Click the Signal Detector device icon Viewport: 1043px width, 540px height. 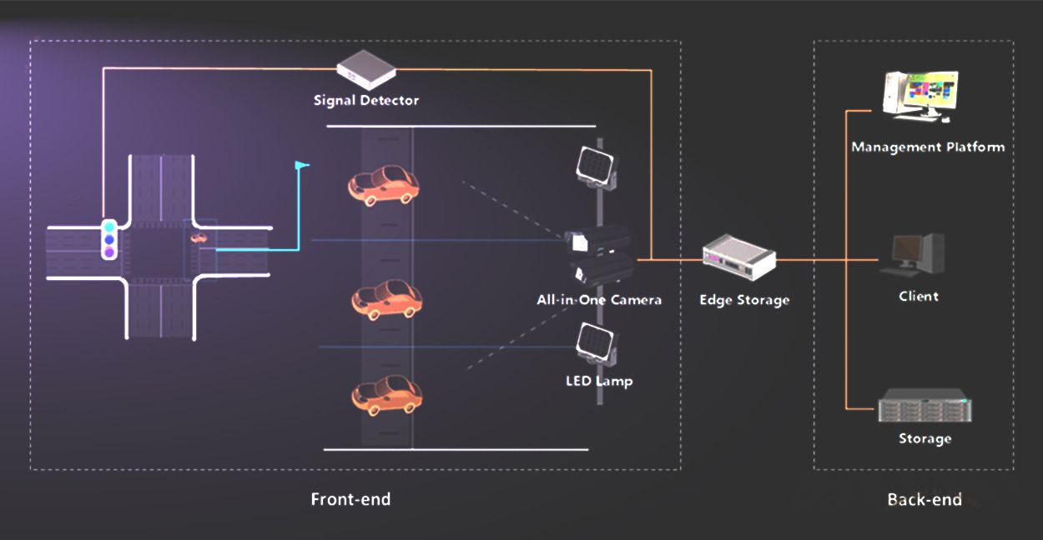click(365, 69)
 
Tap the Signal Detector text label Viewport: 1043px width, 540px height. click(366, 101)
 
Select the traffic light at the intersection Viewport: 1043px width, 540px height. click(108, 239)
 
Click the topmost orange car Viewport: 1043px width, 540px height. click(383, 185)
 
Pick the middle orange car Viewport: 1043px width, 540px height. click(386, 300)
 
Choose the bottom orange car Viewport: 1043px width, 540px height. click(385, 394)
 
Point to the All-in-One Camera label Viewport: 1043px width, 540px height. click(599, 299)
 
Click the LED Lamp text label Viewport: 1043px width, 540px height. click(599, 381)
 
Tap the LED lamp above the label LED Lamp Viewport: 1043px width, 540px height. click(598, 342)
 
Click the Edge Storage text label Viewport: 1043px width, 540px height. click(744, 300)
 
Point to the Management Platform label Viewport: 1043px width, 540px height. click(928, 147)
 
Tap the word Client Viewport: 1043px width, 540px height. click(919, 296)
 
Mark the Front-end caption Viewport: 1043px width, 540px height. click(350, 499)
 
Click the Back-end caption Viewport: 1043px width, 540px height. click(925, 500)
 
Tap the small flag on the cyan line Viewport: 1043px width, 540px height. click(301, 165)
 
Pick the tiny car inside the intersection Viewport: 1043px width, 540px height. click(200, 238)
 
